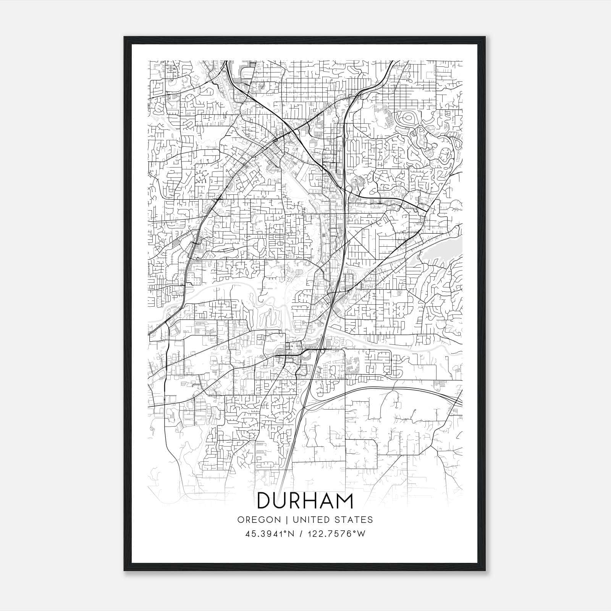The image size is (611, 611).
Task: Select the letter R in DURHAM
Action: tap(297, 501)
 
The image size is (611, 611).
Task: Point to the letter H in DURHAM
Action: tap(313, 501)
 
